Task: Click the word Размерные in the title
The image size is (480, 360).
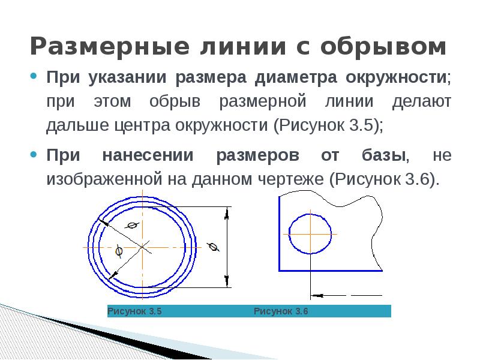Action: coord(110,46)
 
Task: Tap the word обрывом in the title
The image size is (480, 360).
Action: coord(383,46)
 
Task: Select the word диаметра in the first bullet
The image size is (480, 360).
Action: coord(296,77)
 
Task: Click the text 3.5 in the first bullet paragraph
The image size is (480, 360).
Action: coord(361,125)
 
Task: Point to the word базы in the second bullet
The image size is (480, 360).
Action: coord(383,155)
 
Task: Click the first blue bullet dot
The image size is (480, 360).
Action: coord(34,76)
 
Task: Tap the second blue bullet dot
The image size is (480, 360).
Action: coord(34,154)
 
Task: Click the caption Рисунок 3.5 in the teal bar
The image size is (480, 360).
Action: coord(134,311)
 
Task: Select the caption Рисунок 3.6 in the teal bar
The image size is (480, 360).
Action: coord(281,311)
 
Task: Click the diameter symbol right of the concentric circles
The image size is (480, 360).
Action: coord(213,247)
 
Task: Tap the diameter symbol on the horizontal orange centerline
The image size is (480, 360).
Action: coord(119,251)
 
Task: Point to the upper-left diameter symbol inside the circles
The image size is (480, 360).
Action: coord(132,226)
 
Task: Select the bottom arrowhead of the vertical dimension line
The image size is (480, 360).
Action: coord(227,281)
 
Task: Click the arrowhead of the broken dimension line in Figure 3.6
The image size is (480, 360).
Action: coord(317,296)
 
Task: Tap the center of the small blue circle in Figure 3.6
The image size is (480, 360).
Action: coord(310,234)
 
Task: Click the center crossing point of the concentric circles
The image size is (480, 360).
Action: coord(142,247)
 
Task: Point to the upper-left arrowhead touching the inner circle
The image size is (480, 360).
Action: coord(104,222)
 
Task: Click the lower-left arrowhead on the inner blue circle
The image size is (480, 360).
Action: coord(113,275)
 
